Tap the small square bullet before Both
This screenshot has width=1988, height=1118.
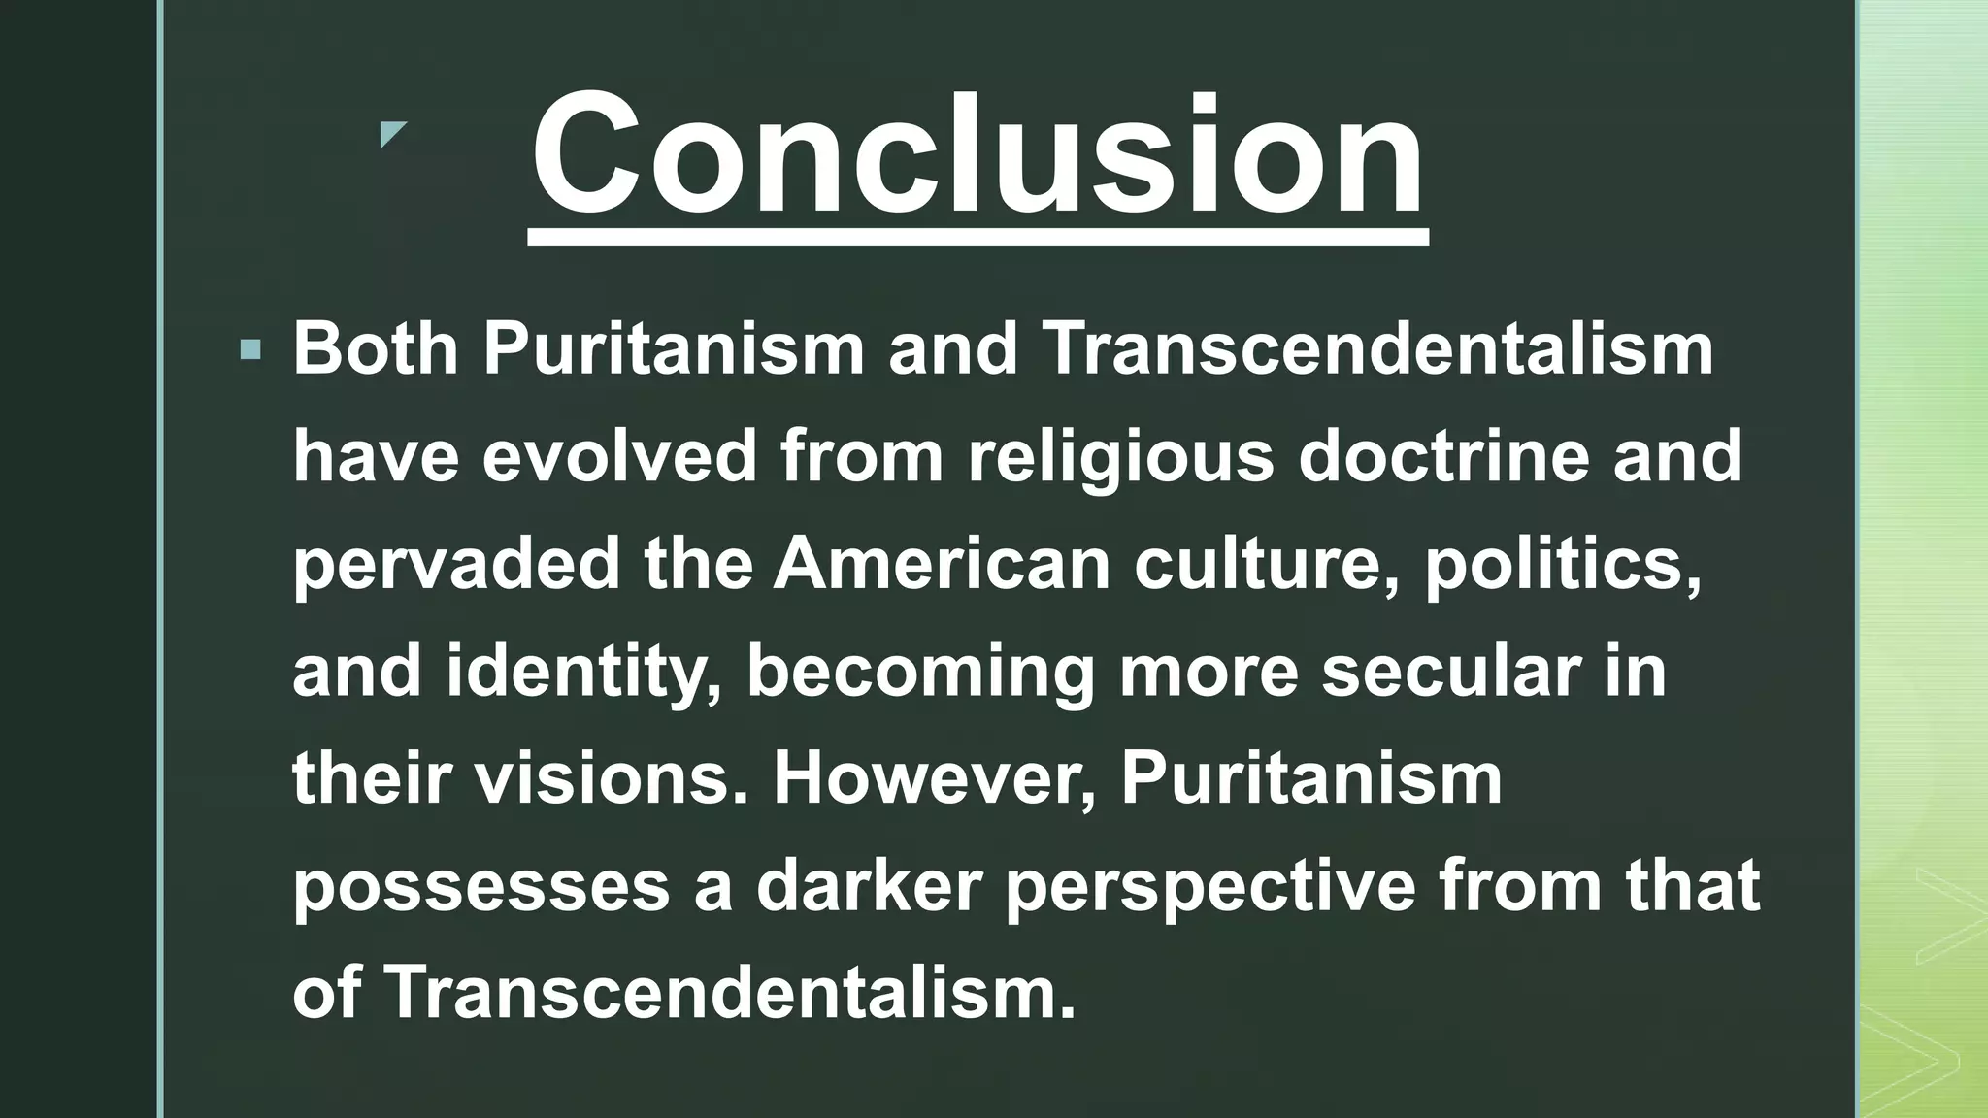(250, 350)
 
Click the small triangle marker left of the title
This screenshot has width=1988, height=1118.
(392, 134)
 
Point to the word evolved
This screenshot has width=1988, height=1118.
(619, 456)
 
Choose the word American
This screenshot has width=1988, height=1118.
(942, 563)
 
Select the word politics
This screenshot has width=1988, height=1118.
(1563, 565)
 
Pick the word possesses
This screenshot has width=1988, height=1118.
(481, 887)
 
